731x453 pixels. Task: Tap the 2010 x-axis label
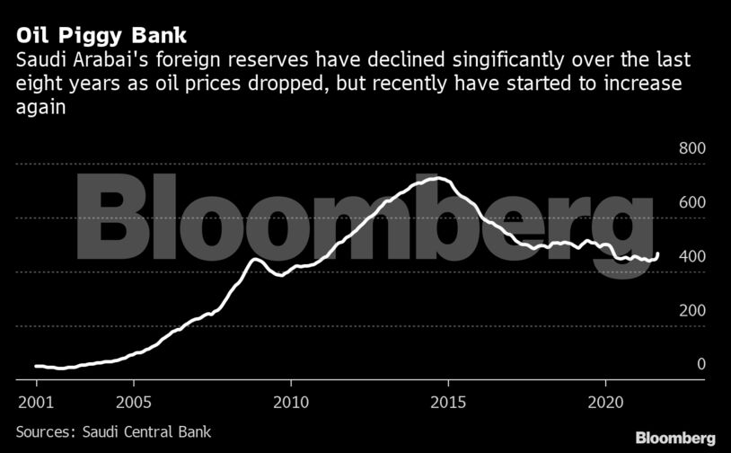(290, 398)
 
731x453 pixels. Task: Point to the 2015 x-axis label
(447, 398)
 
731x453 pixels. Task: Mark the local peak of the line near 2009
(255, 259)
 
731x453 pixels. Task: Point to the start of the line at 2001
(35, 366)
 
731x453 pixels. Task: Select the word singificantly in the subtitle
(462, 61)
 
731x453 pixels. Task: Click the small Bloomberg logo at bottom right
(675, 438)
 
